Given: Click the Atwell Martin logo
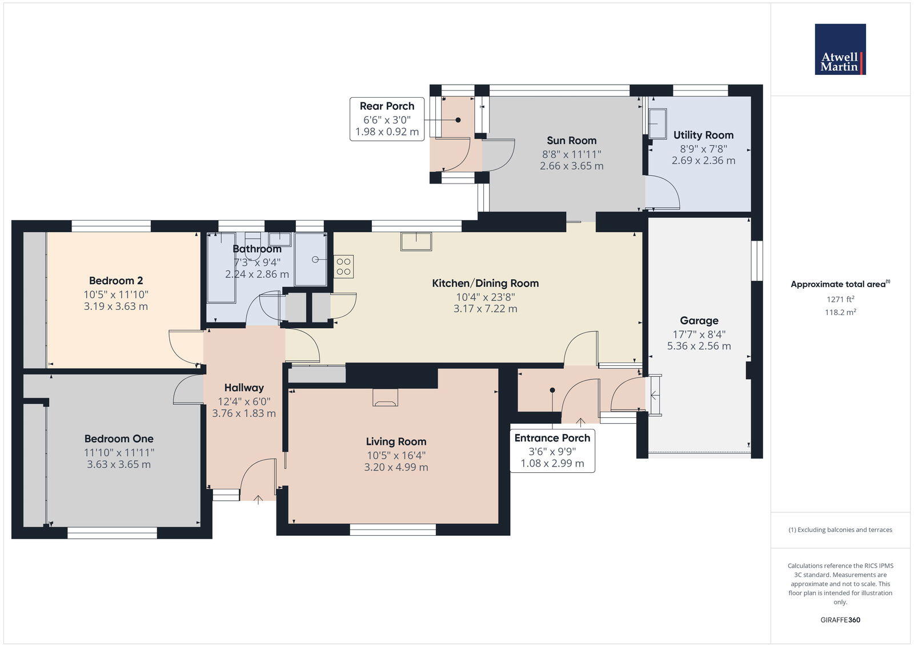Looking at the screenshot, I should click(840, 49).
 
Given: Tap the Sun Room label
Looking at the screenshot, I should click(571, 141).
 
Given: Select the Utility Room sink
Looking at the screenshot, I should click(658, 124).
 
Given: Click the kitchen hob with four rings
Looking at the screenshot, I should click(343, 266).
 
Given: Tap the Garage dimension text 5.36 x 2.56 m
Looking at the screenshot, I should click(699, 346).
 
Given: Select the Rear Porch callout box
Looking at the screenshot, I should click(387, 119).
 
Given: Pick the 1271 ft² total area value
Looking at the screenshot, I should click(840, 299).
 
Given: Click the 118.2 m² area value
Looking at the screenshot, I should click(840, 312).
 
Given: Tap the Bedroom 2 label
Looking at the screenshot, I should click(116, 281).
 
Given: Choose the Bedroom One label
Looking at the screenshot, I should click(119, 439).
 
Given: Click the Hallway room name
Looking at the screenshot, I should click(244, 388).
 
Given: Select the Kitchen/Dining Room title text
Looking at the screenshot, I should click(485, 283).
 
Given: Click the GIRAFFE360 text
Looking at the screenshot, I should click(840, 620).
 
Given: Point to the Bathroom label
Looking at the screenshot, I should click(257, 249).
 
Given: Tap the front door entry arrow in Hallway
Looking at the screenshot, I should click(258, 499).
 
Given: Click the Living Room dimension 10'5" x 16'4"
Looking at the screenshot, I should click(396, 456).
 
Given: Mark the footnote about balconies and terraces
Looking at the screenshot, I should click(840, 530).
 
